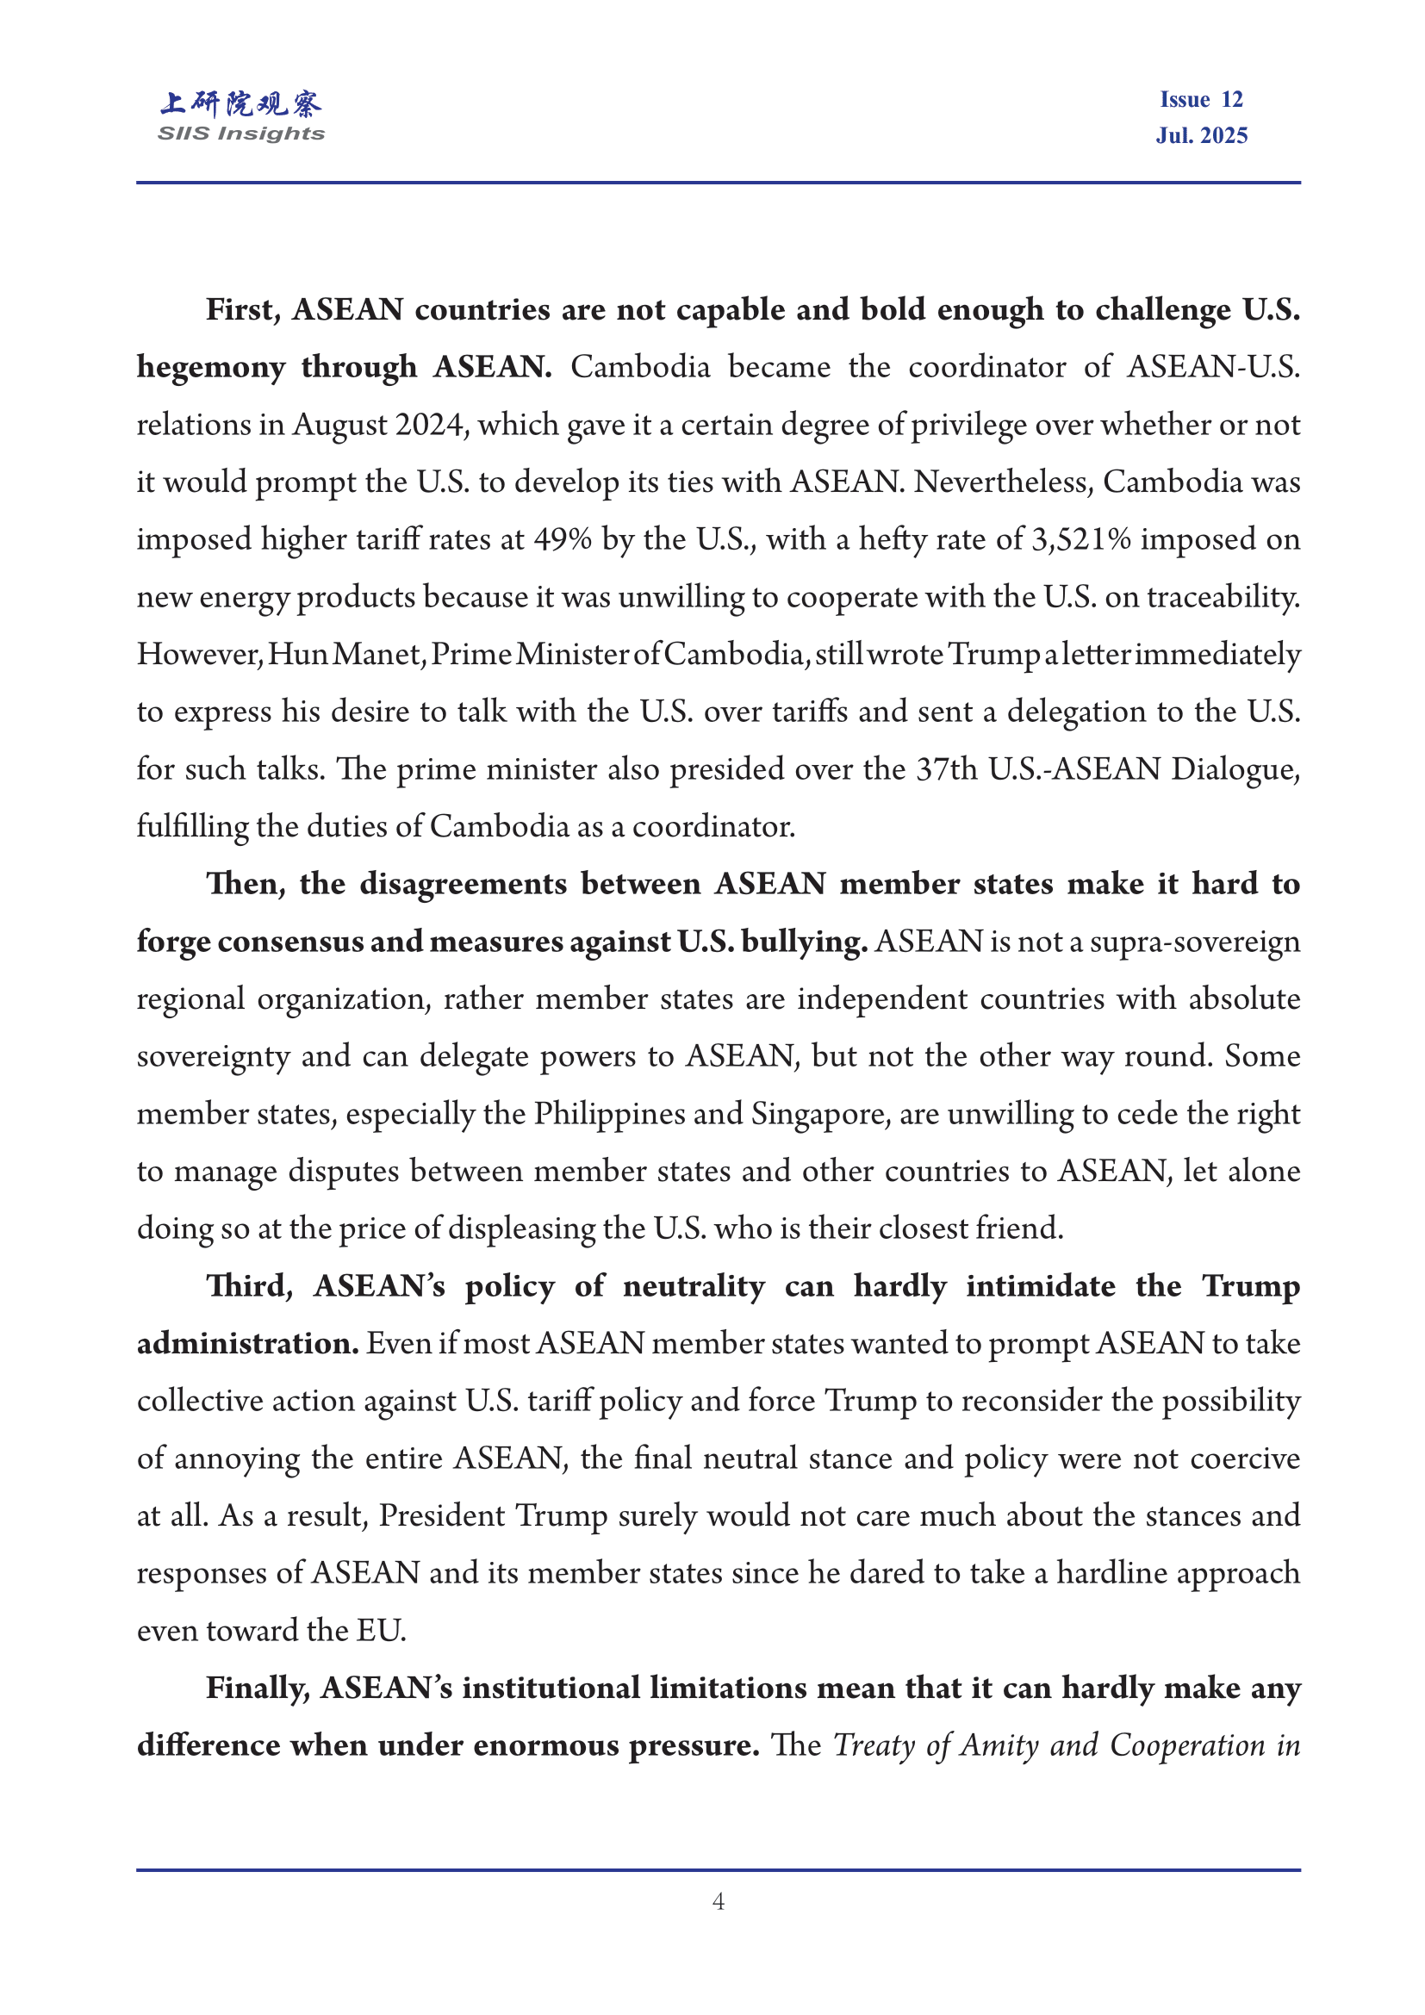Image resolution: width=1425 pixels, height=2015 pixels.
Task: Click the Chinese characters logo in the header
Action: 240,103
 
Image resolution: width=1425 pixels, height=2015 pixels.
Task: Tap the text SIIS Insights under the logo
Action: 240,134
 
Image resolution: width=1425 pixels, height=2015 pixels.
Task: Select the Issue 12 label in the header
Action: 1200,100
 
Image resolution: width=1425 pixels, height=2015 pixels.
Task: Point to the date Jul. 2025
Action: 1200,135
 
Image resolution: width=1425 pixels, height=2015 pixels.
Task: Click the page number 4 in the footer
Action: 718,1902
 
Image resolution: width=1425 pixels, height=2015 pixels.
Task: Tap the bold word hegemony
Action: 210,368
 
